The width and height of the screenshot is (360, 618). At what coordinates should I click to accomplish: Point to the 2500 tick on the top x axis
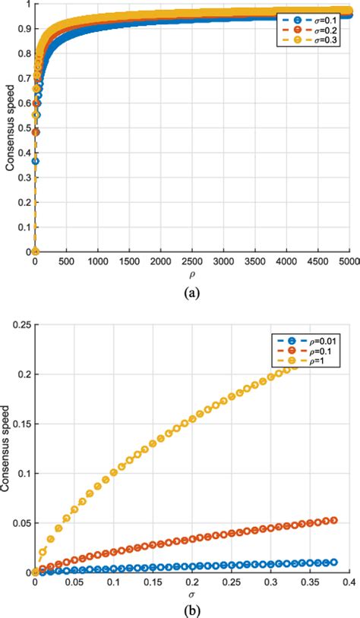click(192, 261)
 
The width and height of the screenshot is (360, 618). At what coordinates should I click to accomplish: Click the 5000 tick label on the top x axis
click(349, 261)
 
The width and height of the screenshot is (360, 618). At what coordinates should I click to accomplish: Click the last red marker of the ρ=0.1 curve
click(333, 520)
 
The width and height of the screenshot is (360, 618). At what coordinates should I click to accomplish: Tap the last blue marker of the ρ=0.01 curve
click(333, 563)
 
